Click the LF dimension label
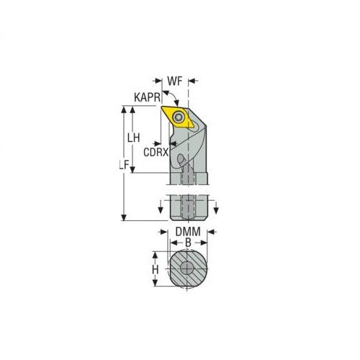[x=123, y=165]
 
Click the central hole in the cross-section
[x=187, y=269]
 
